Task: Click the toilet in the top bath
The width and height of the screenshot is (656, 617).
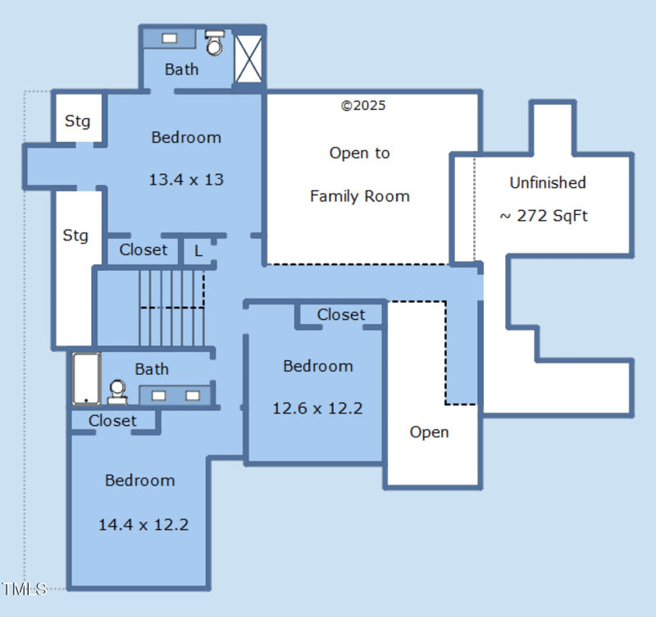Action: [215, 43]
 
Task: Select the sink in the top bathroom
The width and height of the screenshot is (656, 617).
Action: [170, 38]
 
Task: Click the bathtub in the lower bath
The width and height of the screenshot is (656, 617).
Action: [86, 378]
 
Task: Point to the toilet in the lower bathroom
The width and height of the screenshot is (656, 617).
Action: [117, 391]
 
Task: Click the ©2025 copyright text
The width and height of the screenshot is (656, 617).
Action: [363, 106]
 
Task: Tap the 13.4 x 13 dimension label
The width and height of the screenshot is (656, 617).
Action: [186, 179]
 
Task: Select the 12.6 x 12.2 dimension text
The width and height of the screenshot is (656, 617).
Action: [317, 408]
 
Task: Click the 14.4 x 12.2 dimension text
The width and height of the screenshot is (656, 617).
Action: [143, 524]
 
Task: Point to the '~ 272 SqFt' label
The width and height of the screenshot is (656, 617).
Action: [544, 216]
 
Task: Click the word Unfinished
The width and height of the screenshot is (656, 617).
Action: [548, 182]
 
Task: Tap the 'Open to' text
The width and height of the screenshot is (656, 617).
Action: [359, 153]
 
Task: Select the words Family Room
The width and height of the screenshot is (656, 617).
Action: [359, 196]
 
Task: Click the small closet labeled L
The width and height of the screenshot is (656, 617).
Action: [198, 250]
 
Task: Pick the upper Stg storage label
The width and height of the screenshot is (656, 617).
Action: [78, 121]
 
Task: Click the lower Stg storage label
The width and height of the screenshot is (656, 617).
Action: [75, 236]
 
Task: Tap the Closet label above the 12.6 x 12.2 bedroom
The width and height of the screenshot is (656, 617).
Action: [341, 314]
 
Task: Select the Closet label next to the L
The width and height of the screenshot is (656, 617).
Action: [143, 250]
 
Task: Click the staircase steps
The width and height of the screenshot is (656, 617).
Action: [171, 308]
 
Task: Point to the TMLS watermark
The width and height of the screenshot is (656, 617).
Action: [24, 588]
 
